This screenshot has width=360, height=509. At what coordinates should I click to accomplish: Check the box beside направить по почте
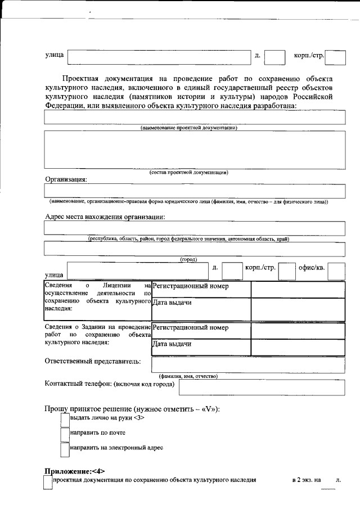[x=65, y=434]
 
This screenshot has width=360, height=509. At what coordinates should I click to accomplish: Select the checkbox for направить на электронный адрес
[x=65, y=449]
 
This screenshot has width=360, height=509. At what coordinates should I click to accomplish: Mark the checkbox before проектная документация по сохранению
[x=48, y=481]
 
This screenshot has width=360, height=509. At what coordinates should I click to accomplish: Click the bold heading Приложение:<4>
[x=74, y=471]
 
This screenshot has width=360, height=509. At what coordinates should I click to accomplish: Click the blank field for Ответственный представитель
[x=247, y=365]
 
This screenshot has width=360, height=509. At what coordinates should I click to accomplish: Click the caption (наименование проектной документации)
[x=188, y=128]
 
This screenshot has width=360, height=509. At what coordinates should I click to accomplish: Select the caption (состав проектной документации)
[x=188, y=172]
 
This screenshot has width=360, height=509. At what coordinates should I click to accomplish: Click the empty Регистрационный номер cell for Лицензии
[x=298, y=289]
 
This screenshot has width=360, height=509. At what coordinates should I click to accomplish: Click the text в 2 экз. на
[x=307, y=480]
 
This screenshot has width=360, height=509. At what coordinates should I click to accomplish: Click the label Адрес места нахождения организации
[x=105, y=217]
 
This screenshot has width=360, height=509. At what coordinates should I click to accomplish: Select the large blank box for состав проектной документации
[x=194, y=150]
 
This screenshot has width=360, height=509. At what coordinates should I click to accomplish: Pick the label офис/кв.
[x=312, y=267]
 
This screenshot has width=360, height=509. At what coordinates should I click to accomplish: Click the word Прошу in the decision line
[x=56, y=409]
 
